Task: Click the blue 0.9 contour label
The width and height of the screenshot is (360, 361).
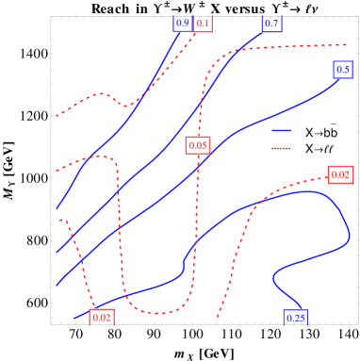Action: pyautogui.click(x=183, y=23)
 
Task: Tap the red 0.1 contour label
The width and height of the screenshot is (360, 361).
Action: pyautogui.click(x=204, y=23)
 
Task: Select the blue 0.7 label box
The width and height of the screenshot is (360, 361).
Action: pyautogui.click(x=272, y=23)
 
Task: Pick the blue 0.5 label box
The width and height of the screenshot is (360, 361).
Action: pyautogui.click(x=343, y=69)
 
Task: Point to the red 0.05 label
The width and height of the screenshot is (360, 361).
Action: pyautogui.click(x=198, y=145)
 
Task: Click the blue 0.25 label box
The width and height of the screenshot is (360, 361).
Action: pyautogui.click(x=295, y=318)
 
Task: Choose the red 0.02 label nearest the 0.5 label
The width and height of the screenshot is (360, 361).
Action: pyautogui.click(x=340, y=174)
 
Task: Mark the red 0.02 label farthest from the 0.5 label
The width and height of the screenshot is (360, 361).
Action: pyautogui.click(x=102, y=318)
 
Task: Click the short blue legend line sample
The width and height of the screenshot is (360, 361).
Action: pyautogui.click(x=281, y=130)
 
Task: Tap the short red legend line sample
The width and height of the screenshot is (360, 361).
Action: pyautogui.click(x=281, y=148)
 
